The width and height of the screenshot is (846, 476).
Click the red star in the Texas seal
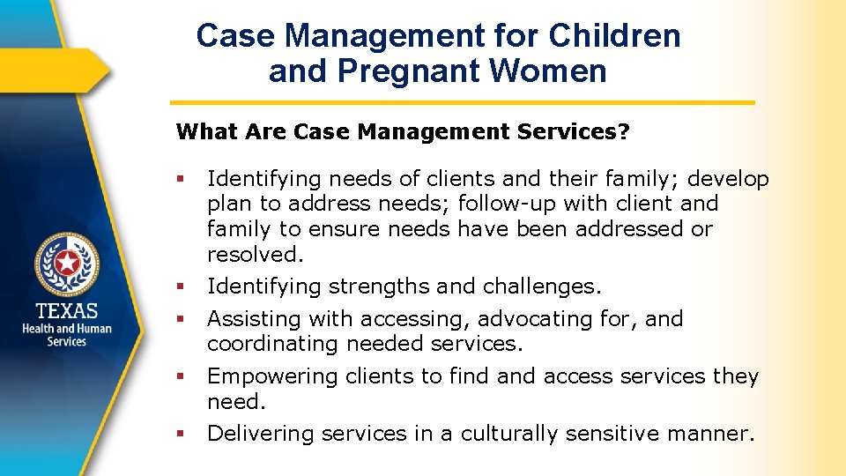click(67, 263)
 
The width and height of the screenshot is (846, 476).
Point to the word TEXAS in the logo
click(67, 310)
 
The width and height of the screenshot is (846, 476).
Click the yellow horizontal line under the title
click(462, 102)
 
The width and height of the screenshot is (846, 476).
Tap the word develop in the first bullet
click(728, 180)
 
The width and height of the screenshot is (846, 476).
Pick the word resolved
click(255, 255)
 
